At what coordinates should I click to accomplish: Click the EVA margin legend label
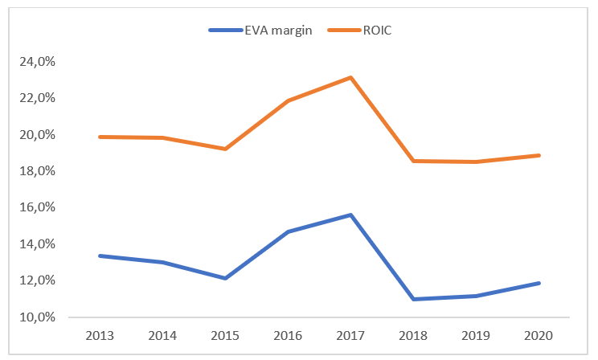pos(278,30)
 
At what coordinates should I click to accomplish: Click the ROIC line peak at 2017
pos(350,77)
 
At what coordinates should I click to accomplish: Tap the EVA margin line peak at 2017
pos(350,215)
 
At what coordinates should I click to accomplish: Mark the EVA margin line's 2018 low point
pos(413,299)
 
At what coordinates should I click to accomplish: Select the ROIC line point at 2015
pos(224,149)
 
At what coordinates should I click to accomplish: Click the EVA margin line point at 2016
pos(287,231)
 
